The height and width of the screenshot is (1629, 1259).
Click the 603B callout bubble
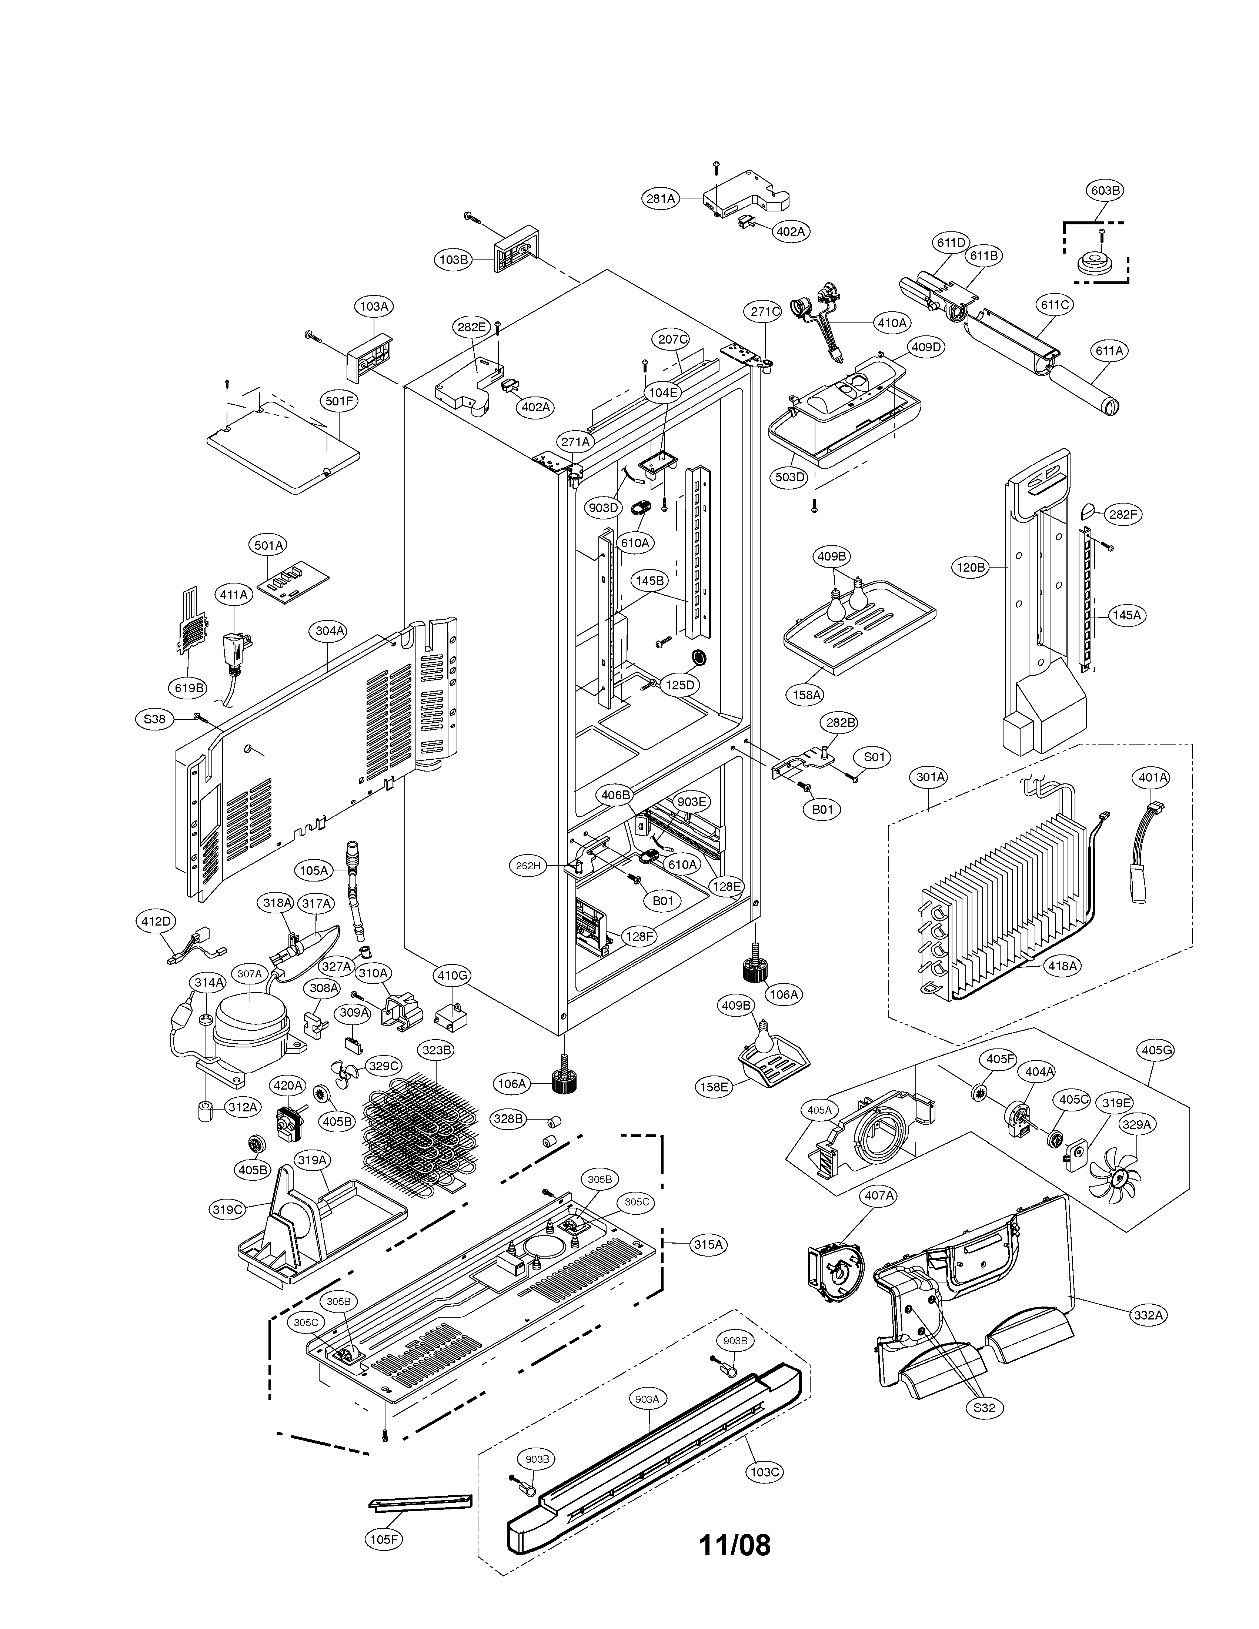pos(1105,190)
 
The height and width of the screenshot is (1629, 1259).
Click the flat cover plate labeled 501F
pos(283,448)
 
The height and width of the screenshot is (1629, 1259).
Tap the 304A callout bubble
pos(330,630)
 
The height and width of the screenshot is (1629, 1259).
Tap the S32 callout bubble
pos(984,1408)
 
